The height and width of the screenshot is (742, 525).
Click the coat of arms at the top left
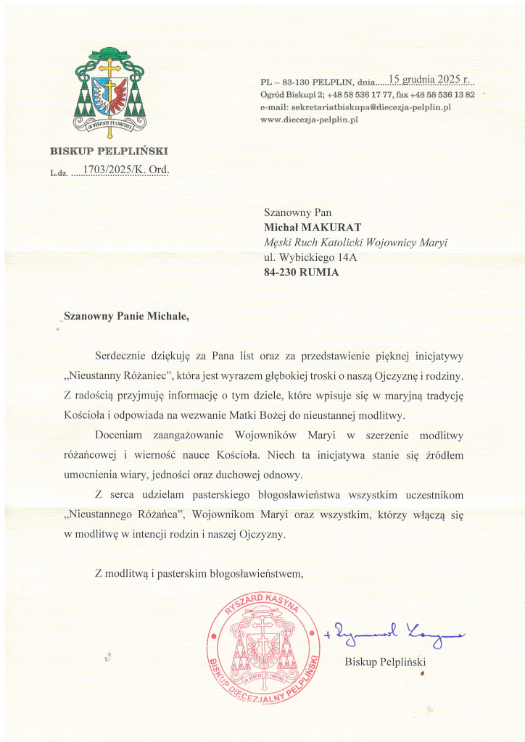[110, 92]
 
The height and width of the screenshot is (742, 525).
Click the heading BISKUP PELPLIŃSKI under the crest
[109, 151]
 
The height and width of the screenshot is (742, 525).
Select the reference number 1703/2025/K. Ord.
[125, 170]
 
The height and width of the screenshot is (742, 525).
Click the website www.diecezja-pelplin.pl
[309, 119]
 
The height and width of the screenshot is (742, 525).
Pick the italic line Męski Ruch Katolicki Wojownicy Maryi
[355, 243]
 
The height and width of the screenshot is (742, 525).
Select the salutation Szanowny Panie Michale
[130, 315]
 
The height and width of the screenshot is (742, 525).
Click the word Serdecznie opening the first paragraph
[124, 356]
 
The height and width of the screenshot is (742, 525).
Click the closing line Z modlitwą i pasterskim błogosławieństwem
[198, 574]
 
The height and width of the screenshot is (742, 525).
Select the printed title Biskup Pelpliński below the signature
[384, 662]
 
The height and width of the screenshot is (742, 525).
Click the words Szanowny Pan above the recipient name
[297, 212]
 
